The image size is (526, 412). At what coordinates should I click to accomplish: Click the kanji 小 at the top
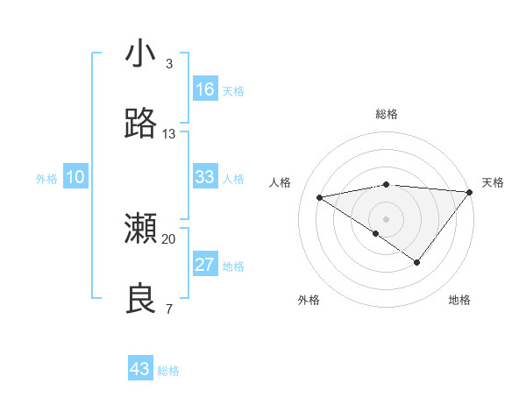point(141,54)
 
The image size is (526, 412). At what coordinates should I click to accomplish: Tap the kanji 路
point(141,124)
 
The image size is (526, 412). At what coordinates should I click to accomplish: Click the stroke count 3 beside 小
point(168,64)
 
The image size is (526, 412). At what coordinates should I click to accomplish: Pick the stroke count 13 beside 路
point(169,134)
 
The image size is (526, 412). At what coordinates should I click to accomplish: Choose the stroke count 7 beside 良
point(168,309)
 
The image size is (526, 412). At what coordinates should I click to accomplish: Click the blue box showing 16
point(205,89)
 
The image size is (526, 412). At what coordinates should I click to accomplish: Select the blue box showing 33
point(205,177)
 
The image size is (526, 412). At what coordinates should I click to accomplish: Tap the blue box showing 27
point(205,265)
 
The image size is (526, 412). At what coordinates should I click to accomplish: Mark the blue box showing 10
point(75,177)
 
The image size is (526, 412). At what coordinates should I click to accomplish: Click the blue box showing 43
point(140,369)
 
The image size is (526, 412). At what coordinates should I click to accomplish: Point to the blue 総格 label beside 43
point(168,371)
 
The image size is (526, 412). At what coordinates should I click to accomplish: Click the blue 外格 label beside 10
point(46,179)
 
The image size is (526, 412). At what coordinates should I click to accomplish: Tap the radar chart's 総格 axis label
point(387,114)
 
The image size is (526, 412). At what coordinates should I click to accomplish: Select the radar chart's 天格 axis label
point(493,182)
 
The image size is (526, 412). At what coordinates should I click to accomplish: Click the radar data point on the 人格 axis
point(320,196)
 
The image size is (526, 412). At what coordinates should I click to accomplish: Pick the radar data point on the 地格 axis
point(417,262)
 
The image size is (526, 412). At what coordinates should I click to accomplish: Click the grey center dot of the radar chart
point(386,218)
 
